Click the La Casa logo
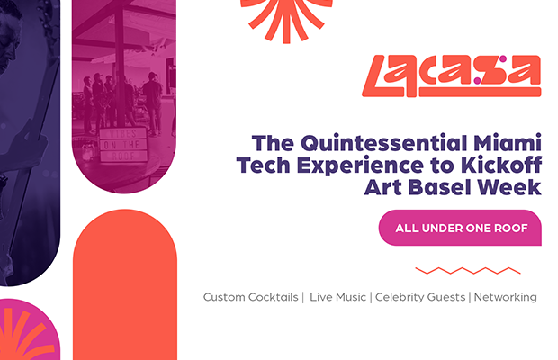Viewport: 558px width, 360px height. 451,76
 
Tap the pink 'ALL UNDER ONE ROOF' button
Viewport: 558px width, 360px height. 460,228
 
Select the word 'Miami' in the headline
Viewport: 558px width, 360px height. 508,143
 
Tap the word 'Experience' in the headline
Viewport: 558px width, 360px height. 360,166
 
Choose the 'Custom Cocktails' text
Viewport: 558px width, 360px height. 250,297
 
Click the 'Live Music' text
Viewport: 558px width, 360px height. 337,297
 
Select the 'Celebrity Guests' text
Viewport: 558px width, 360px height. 420,297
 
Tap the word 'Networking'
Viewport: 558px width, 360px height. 505,297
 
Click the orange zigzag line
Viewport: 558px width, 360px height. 468,271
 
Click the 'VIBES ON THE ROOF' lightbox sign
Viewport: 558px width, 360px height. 123,144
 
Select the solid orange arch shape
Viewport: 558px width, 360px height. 125,284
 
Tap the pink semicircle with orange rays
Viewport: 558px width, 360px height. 28,329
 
